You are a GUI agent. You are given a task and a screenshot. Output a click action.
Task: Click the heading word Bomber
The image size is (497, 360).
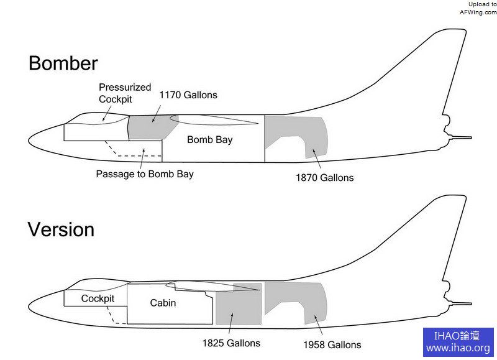click(x=63, y=63)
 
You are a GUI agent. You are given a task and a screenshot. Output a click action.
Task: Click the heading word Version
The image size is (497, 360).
click(x=61, y=229)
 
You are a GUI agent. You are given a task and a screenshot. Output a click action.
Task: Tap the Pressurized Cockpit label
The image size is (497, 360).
click(x=124, y=93)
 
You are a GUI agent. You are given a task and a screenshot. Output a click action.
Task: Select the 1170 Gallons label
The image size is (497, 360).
click(x=188, y=95)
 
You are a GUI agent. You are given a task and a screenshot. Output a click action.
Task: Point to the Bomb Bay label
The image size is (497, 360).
click(x=209, y=140)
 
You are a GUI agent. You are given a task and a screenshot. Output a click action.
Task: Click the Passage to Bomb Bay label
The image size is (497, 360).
click(x=144, y=174)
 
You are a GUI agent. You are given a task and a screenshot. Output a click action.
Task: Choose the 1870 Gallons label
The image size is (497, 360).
click(x=324, y=178)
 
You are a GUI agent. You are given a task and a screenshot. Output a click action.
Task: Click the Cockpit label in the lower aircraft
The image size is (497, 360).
click(x=98, y=299)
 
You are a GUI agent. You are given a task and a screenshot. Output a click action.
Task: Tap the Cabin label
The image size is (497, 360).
click(x=163, y=303)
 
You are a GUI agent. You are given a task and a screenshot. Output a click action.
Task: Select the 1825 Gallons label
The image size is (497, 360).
click(x=231, y=343)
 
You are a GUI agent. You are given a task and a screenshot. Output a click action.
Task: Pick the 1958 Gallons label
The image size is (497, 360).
click(x=332, y=344)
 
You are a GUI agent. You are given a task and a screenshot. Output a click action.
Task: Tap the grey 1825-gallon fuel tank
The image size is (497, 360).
click(x=238, y=308)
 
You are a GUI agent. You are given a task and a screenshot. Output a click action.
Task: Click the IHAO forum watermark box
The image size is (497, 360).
click(x=458, y=342)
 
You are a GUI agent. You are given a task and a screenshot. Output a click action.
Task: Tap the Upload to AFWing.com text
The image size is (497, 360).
click(x=478, y=8)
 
